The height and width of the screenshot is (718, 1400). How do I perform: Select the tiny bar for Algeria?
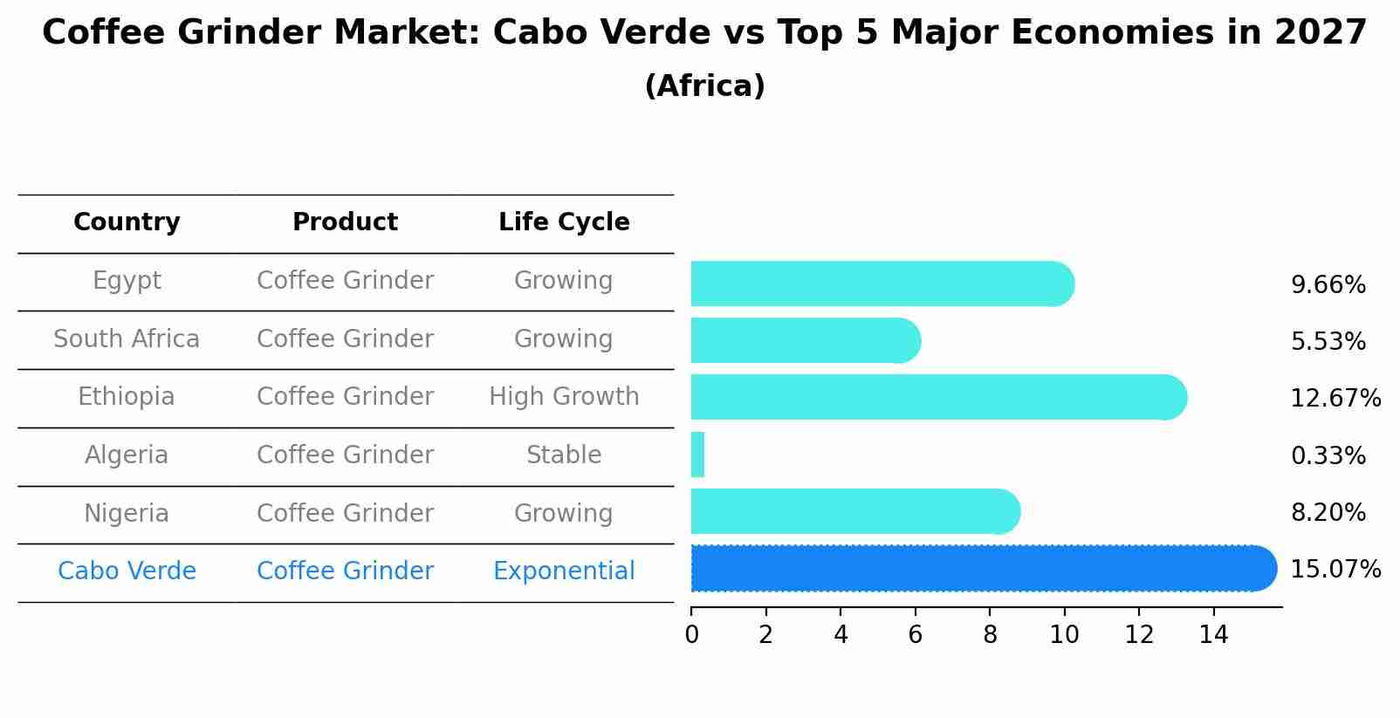(x=697, y=455)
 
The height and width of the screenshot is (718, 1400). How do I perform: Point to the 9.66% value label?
(x=1328, y=285)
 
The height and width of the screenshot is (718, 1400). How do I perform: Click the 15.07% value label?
(x=1335, y=570)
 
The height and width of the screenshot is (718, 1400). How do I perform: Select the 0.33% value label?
(x=1328, y=455)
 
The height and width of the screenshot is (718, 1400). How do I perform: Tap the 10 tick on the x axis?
(x=1064, y=635)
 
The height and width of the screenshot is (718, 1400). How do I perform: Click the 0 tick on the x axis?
(x=691, y=635)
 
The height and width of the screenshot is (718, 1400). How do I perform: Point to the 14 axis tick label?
(x=1213, y=635)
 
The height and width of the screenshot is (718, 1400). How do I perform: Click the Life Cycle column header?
(x=564, y=222)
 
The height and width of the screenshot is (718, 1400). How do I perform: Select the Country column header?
(x=127, y=222)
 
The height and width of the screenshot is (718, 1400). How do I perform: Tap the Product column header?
(x=345, y=222)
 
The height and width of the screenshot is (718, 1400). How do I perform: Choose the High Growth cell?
(x=564, y=397)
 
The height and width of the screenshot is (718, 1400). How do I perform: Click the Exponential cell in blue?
(x=564, y=571)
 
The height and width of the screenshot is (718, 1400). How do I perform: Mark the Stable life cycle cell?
(x=564, y=455)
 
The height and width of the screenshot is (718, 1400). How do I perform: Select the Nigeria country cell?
(x=127, y=513)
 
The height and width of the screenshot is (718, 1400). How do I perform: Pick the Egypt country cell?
(x=127, y=281)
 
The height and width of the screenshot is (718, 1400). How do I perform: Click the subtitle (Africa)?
(x=704, y=86)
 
